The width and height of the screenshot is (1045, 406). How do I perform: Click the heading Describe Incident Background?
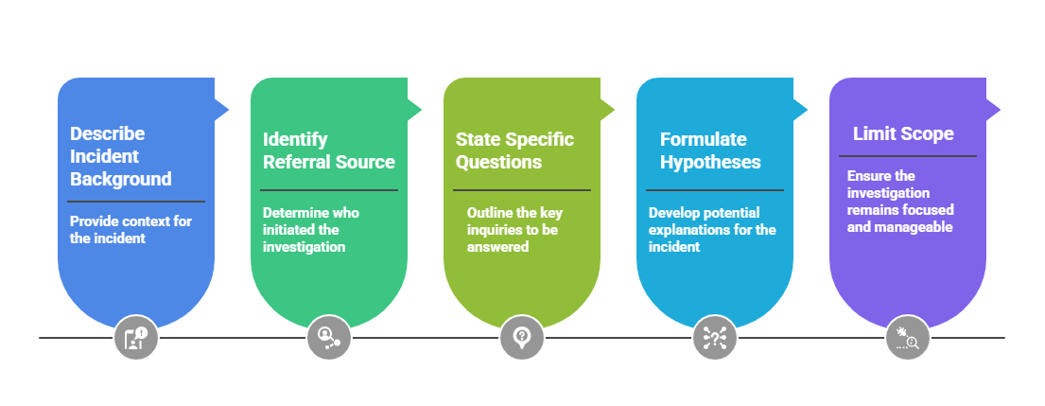(x=121, y=156)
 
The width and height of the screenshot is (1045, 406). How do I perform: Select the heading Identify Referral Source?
(x=328, y=150)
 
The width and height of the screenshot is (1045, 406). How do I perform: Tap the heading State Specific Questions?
(x=514, y=150)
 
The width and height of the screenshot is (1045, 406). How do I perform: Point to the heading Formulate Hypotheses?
(x=710, y=150)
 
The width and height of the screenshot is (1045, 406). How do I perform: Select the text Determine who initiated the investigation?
(x=310, y=229)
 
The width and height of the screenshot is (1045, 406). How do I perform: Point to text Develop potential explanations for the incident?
(x=711, y=229)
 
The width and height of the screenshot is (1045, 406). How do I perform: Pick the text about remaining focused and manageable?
(x=899, y=202)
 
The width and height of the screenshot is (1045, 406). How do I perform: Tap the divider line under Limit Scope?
(x=908, y=156)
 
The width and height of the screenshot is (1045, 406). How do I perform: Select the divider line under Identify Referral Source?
(x=329, y=190)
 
